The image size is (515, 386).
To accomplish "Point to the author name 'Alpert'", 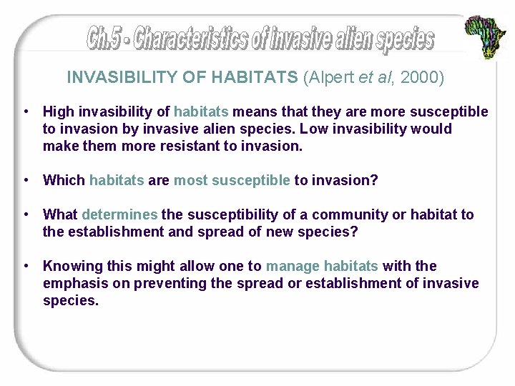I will pos(332,77).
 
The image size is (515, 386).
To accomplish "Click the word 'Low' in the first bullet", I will pos(317,129).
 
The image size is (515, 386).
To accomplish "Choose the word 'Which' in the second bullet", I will pos(64,180).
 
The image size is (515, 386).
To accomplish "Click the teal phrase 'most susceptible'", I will pos(232,180).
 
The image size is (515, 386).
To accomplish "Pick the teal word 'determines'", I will pos(119,214).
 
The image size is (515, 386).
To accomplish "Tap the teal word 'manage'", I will pos(293,266).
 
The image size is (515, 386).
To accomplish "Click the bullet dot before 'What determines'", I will pos(25,214).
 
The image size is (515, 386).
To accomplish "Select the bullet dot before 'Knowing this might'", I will pos(25,266).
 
